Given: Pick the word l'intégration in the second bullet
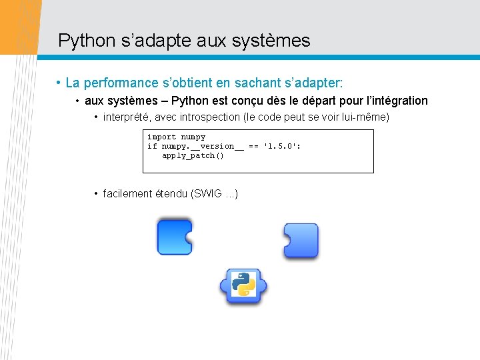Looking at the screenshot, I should [397, 101].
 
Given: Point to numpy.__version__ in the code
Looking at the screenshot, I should [203, 147].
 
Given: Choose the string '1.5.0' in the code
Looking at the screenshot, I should [281, 147].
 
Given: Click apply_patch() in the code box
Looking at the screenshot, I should [193, 156].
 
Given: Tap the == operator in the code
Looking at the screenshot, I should [253, 147].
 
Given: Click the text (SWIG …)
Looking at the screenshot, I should [215, 194].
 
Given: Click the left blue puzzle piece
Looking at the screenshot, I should [173, 237].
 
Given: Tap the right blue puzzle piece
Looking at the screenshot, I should [301, 240].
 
